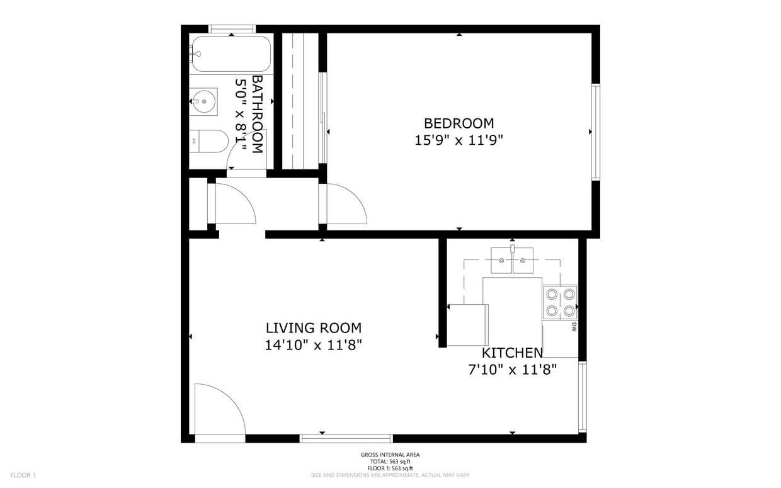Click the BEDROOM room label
pyautogui.click(x=459, y=123)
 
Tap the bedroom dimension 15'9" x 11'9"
pyautogui.click(x=459, y=140)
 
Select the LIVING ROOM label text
pyautogui.click(x=314, y=328)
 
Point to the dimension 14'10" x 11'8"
pyautogui.click(x=314, y=346)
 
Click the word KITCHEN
pyautogui.click(x=512, y=353)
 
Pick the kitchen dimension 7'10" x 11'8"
pyautogui.click(x=512, y=370)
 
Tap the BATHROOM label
pyautogui.click(x=257, y=115)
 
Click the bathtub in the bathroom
pyautogui.click(x=231, y=54)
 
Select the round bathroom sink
pyautogui.click(x=204, y=101)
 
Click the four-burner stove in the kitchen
pyautogui.click(x=560, y=302)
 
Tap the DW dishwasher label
pyautogui.click(x=574, y=327)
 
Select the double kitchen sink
pyautogui.click(x=512, y=261)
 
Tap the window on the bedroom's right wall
pyautogui.click(x=596, y=132)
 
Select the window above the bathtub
pyautogui.click(x=232, y=29)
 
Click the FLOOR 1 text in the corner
pyautogui.click(x=23, y=475)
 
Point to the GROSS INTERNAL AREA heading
pyautogui.click(x=390, y=455)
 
